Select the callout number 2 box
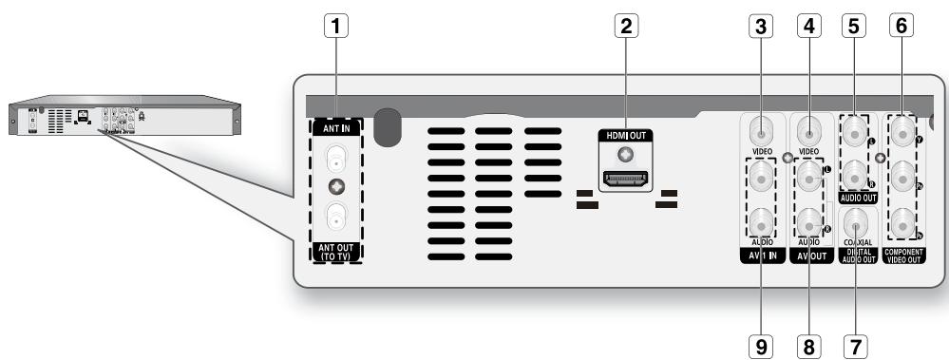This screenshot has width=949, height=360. pyautogui.click(x=624, y=28)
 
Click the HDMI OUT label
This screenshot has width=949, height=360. pyautogui.click(x=625, y=135)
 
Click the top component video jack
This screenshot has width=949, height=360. pyautogui.click(x=899, y=131)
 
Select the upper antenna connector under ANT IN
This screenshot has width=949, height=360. pyautogui.click(x=335, y=154)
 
